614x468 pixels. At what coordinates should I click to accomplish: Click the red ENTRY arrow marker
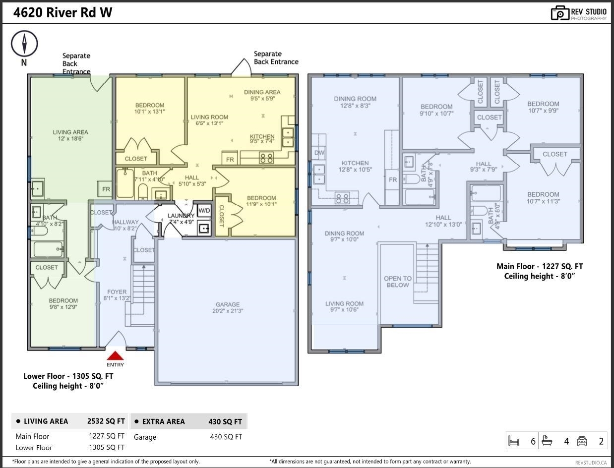pos(115,356)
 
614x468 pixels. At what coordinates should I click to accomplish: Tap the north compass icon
pos(24,44)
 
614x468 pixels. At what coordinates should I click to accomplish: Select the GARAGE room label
pos(228,308)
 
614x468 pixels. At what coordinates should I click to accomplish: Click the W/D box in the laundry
pos(204,210)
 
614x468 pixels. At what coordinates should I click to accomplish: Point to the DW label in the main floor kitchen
pos(319,153)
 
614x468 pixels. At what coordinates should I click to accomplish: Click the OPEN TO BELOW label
pos(397,282)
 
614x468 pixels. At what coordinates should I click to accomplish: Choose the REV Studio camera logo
pos(559,13)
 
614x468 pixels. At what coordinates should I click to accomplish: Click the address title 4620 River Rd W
pos(62,13)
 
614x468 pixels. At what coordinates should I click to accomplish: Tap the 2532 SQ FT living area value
pos(106,421)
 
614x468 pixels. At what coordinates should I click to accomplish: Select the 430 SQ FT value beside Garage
pos(226,437)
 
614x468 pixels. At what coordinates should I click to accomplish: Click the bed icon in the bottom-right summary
pos(514,441)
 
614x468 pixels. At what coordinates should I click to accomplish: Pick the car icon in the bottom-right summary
pos(582,441)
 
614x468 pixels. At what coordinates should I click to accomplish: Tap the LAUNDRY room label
pos(181,219)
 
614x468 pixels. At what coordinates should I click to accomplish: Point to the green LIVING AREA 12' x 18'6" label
pos(70,135)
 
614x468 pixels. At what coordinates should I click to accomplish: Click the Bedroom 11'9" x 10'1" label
pos(261,201)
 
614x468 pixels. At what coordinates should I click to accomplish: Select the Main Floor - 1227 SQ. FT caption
pos(540,266)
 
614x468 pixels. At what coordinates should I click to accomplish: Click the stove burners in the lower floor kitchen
pos(266,158)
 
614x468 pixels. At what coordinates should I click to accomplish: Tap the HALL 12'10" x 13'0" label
pos(443,221)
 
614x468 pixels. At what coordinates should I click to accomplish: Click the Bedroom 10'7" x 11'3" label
pos(543,198)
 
